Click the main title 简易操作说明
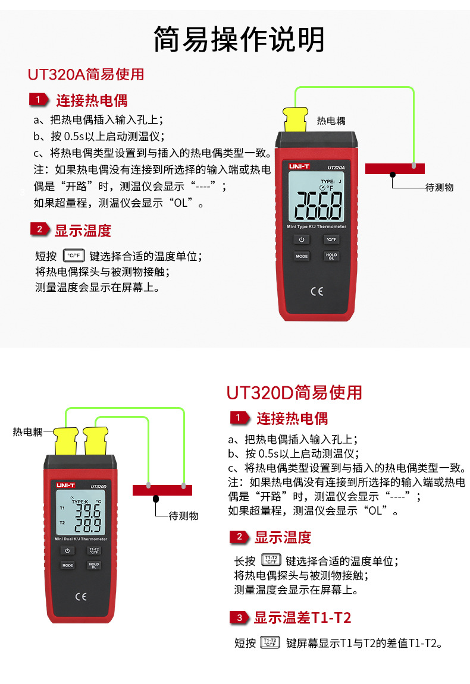click(239, 40)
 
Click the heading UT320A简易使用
click(86, 75)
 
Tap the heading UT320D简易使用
click(294, 393)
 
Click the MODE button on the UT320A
click(302, 256)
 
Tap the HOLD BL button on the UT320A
click(331, 256)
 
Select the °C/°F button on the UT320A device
click(331, 239)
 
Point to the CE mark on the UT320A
click(317, 291)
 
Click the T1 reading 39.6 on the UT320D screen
click(87, 511)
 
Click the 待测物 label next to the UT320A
click(440, 187)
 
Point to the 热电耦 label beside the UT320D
click(28, 433)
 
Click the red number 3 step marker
click(239, 617)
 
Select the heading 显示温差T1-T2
click(302, 617)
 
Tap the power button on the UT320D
click(68, 550)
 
